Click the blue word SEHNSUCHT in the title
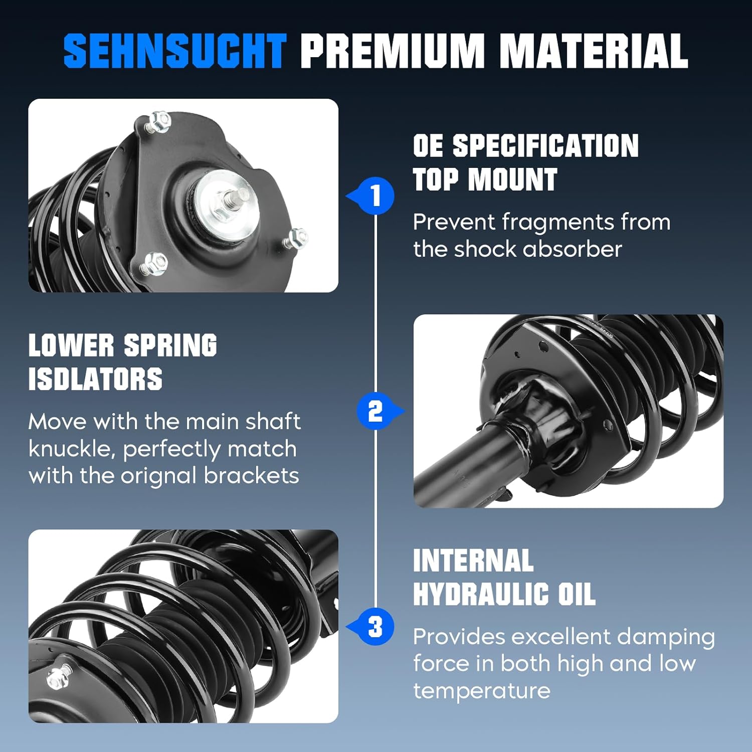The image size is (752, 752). pos(174,51)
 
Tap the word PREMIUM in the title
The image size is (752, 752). pos(392,51)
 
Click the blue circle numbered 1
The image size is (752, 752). pos(375,196)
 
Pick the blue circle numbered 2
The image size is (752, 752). pos(375,411)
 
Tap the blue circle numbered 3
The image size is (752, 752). pos(375,627)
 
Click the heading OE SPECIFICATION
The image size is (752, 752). pos(525,146)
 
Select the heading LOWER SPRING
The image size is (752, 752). pos(123,345)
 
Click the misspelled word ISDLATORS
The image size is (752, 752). pos(95,379)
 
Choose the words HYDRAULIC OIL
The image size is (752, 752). pos(504,594)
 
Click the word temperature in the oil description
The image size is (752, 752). pos(481,691)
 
